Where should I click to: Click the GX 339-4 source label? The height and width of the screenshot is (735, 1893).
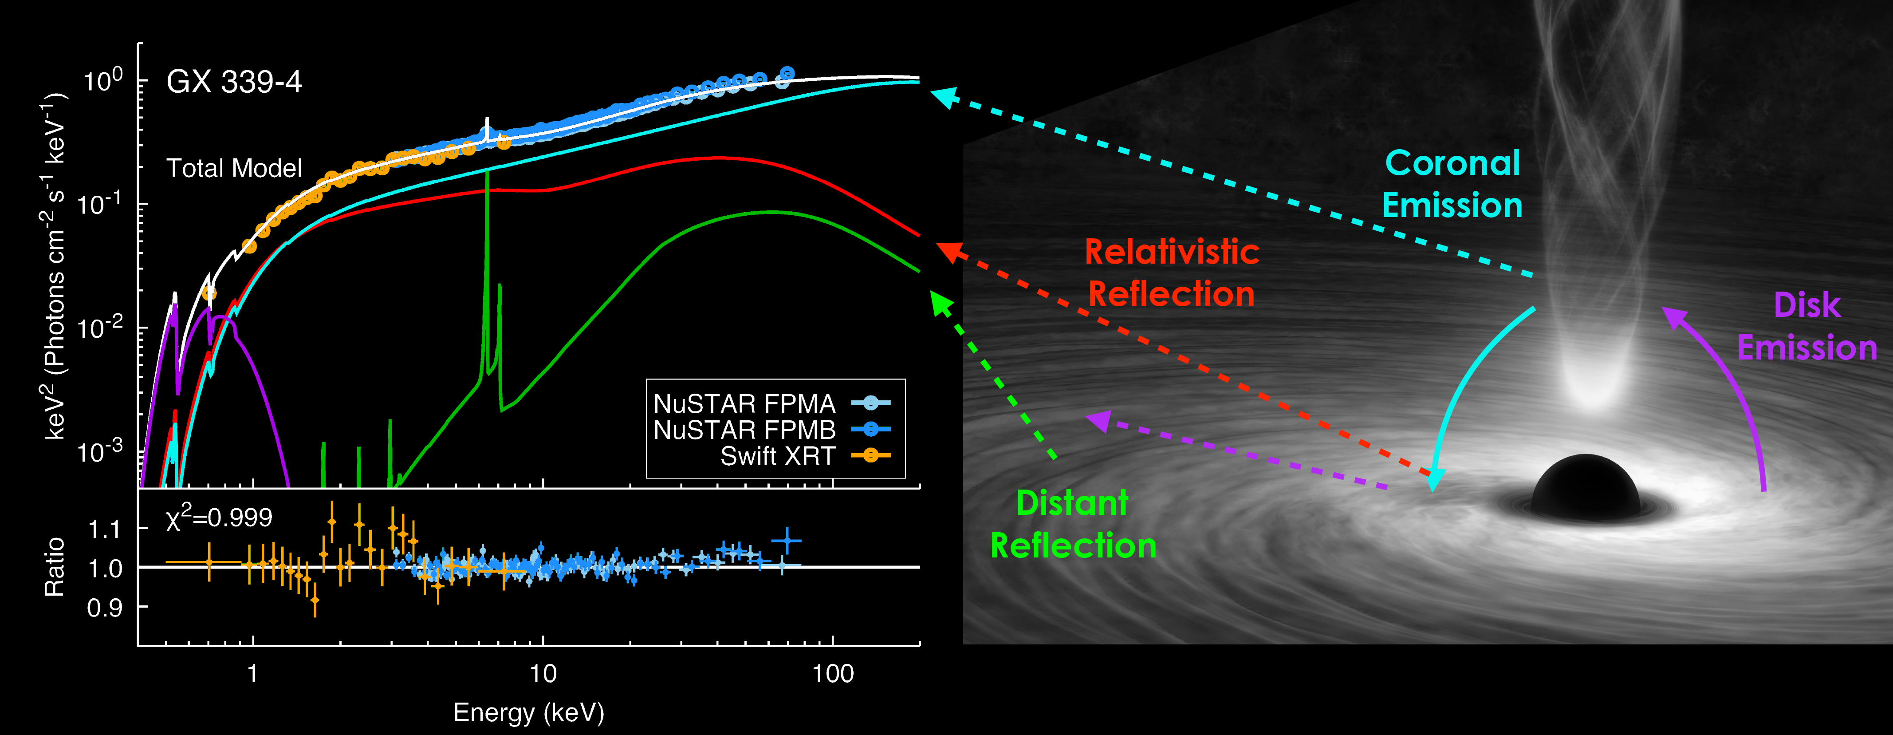(234, 82)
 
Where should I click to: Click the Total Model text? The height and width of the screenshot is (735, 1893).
(234, 168)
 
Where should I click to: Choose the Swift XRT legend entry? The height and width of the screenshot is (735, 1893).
(778, 456)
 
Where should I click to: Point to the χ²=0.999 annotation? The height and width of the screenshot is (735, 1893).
(219, 518)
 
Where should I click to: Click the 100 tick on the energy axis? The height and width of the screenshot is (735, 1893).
(833, 673)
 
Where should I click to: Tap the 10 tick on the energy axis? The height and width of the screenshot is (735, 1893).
(543, 673)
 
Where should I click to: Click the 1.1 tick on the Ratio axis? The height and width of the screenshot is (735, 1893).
(104, 529)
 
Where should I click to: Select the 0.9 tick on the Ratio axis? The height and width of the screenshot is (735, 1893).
(104, 608)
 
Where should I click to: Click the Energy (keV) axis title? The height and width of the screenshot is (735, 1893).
(528, 712)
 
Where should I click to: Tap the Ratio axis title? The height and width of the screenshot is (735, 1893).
(55, 567)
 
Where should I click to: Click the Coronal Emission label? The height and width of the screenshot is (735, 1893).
(1452, 184)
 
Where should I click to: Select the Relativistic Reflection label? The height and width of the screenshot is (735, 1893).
(1171, 273)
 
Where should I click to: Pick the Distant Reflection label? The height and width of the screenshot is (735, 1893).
(1073, 524)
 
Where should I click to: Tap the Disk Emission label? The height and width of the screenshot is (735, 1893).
(1807, 326)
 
